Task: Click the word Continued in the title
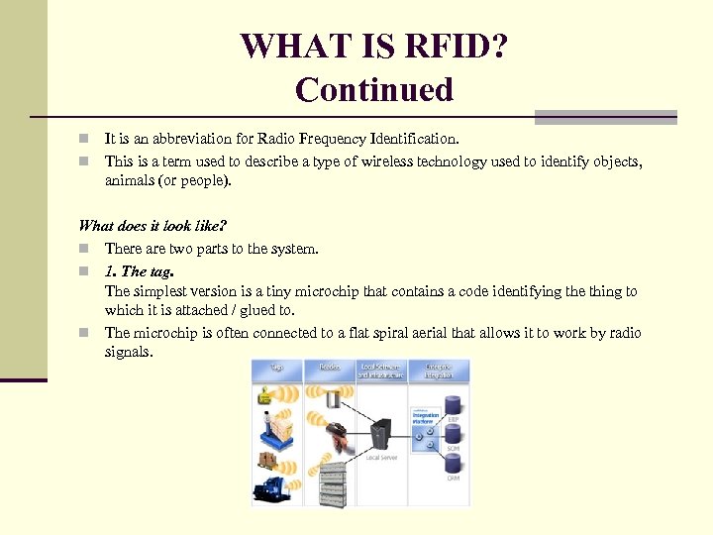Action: point(373,89)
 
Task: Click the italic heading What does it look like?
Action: point(153,226)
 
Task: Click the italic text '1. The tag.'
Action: point(141,270)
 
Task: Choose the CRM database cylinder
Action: point(453,463)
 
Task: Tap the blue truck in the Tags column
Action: point(273,488)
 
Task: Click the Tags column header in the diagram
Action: point(277,368)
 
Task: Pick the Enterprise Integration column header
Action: point(439,371)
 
